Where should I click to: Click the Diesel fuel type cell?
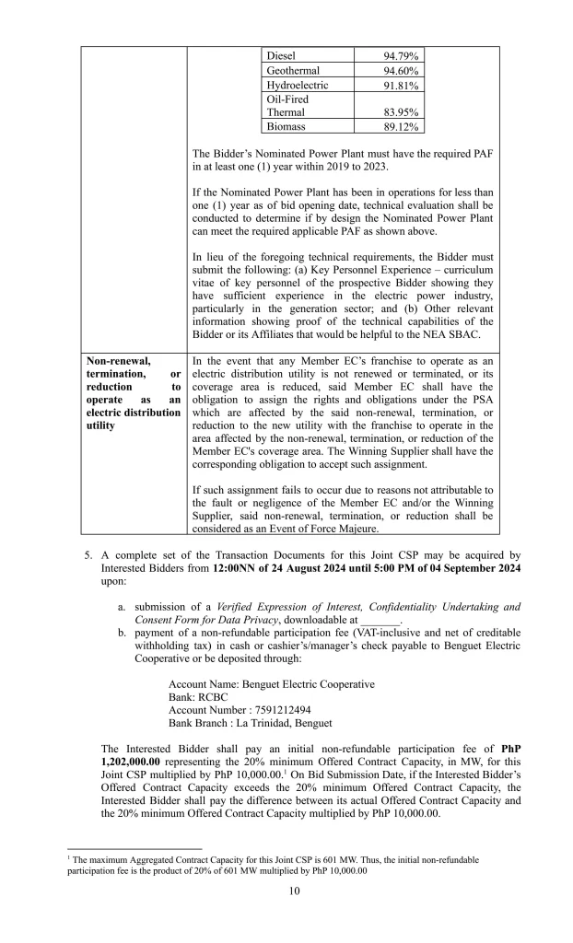tap(281, 56)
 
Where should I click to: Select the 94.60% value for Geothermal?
tap(401, 71)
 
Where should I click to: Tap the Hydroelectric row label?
tap(297, 86)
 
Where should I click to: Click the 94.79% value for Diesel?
tap(401, 56)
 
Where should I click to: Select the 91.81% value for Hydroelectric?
tap(401, 86)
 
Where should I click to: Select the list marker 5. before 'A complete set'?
tap(87, 555)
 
